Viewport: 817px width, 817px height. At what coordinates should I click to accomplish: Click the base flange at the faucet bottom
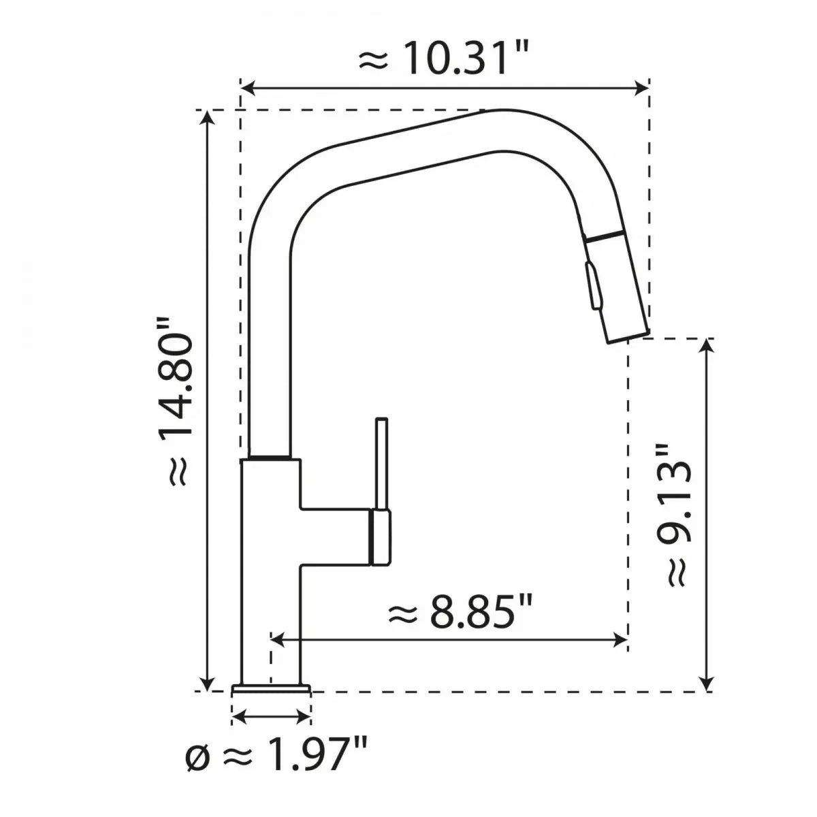point(271,690)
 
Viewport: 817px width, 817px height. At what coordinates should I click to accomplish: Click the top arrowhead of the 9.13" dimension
point(708,345)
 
